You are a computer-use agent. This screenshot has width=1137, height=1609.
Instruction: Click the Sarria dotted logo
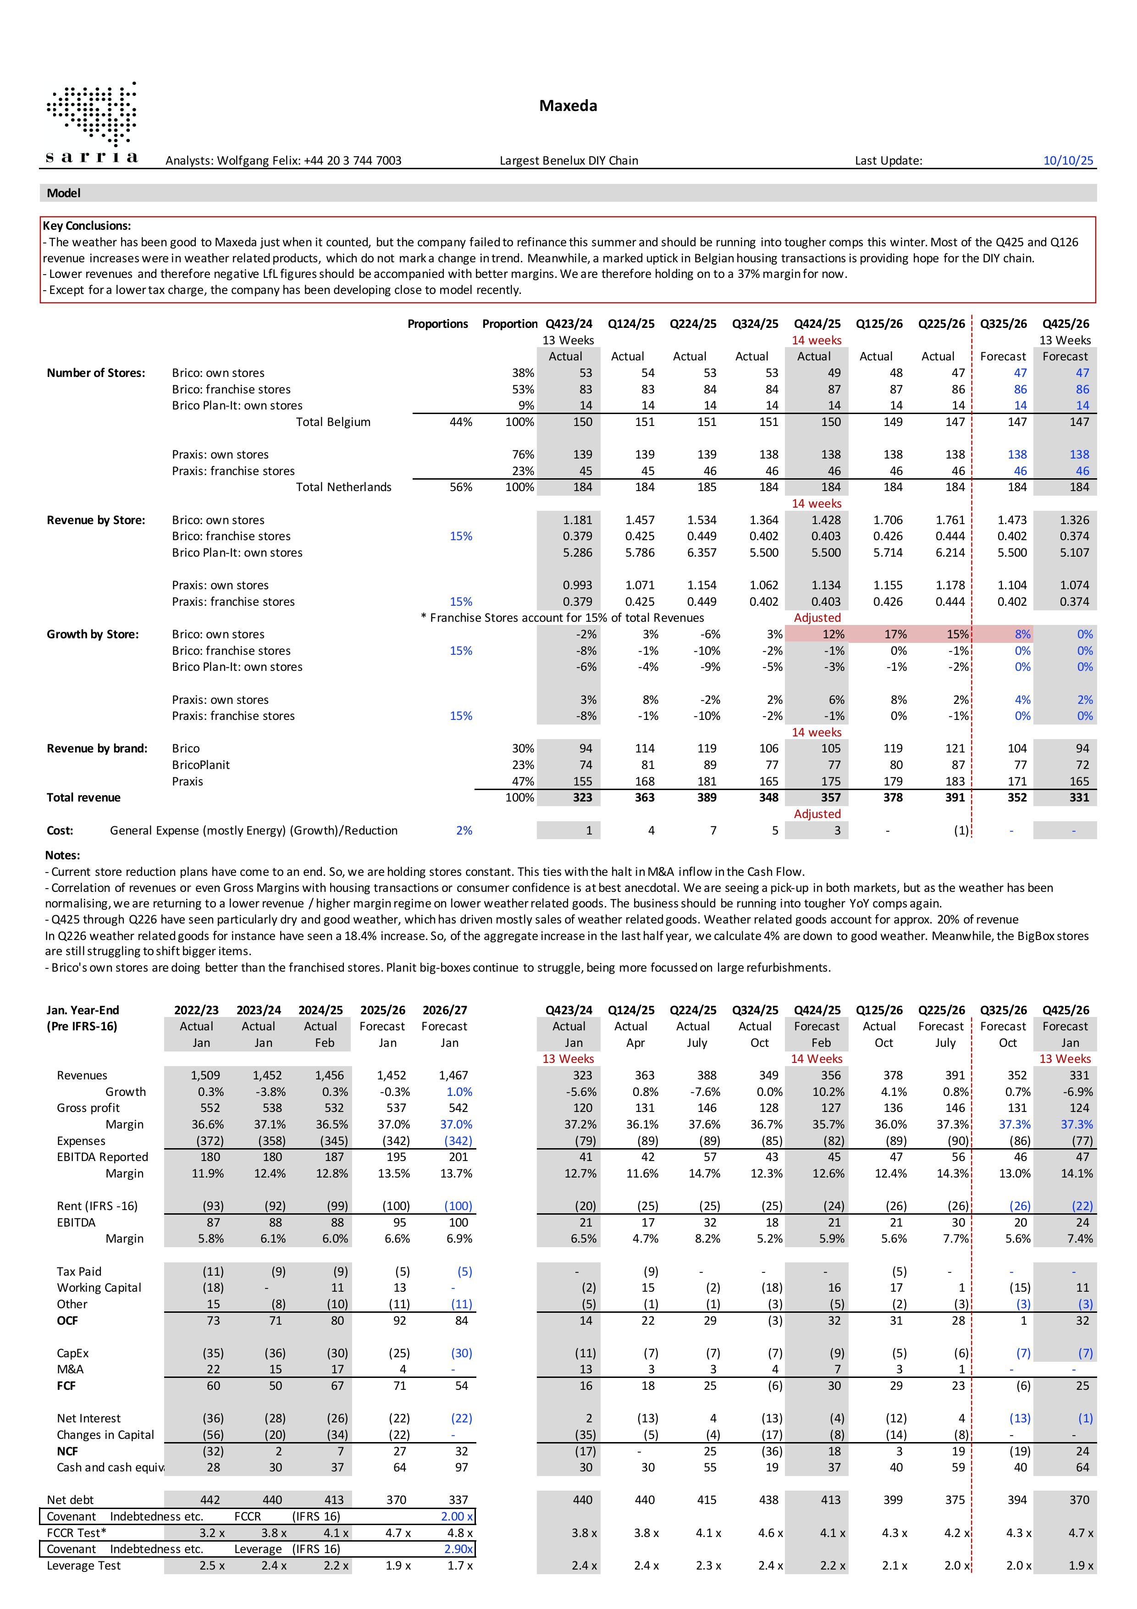click(x=91, y=122)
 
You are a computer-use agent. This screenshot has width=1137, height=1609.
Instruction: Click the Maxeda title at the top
click(x=568, y=106)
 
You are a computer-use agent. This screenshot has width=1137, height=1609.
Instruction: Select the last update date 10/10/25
click(x=1068, y=160)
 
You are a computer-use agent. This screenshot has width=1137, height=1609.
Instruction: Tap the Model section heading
click(x=64, y=193)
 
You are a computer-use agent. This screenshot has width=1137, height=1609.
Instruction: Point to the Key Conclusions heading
click(x=87, y=226)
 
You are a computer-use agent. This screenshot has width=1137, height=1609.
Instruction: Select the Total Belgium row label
click(x=333, y=422)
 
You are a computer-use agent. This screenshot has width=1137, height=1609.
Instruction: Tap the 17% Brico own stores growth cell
click(x=894, y=634)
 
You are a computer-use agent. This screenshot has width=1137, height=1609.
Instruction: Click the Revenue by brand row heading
click(x=97, y=748)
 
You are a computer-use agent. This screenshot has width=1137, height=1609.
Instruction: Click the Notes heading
click(x=62, y=855)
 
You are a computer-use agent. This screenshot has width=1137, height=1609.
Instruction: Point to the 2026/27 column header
click(x=444, y=1010)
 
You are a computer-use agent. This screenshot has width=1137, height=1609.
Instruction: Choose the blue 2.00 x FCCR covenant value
click(x=457, y=1516)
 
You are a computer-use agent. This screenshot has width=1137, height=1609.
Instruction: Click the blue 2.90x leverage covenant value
click(x=458, y=1549)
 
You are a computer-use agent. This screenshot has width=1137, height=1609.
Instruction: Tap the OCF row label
click(x=67, y=1320)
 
